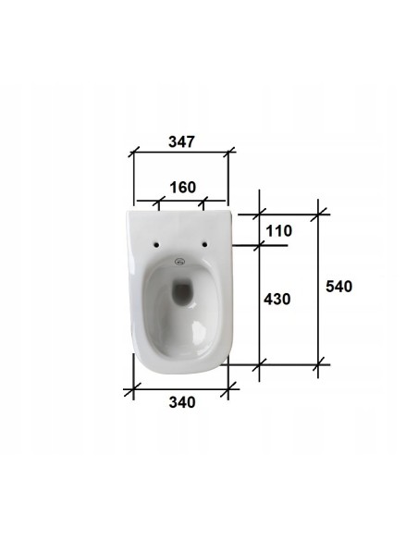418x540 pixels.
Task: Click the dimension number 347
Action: tap(181, 142)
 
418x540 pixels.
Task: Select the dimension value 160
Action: tap(182, 188)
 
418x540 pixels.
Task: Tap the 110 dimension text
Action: tap(278, 230)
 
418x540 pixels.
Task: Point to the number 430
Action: tap(278, 299)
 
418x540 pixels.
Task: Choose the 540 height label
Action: tap(338, 287)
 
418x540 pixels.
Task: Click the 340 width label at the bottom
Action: tap(182, 403)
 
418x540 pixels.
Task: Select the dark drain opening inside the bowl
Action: tap(183, 293)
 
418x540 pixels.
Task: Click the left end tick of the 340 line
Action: tap(134, 389)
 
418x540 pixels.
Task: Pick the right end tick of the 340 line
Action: tap(228, 389)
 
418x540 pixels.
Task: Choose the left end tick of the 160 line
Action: tap(158, 200)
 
